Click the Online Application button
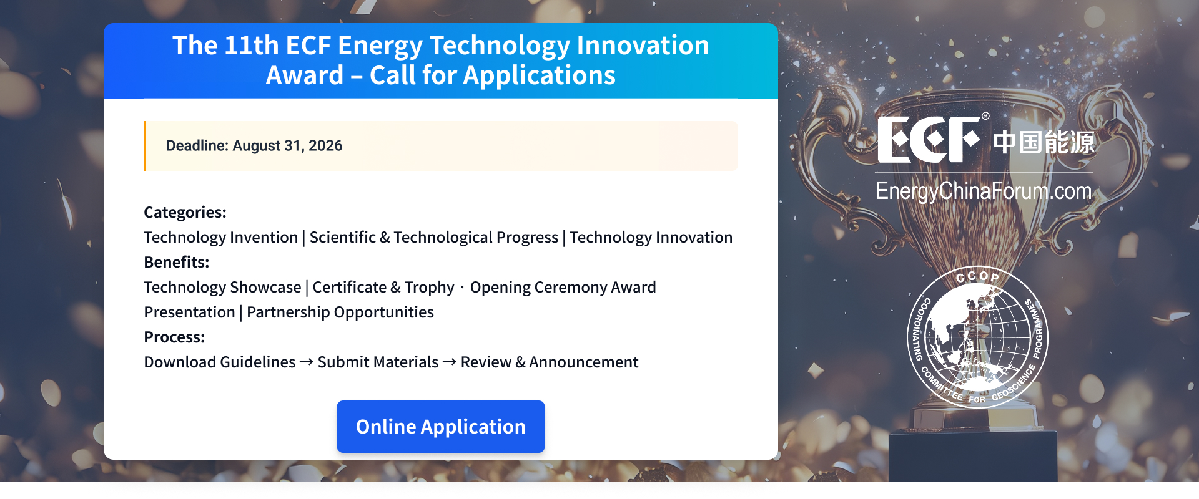click(x=440, y=427)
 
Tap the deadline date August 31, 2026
click(x=287, y=146)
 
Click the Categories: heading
click(x=185, y=213)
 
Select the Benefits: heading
click(x=177, y=263)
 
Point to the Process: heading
click(x=174, y=337)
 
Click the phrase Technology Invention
click(x=221, y=238)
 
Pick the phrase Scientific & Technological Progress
click(x=434, y=238)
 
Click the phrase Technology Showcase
click(x=222, y=288)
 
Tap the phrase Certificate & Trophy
click(x=383, y=288)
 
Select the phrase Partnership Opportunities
click(x=340, y=312)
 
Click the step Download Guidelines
click(x=220, y=362)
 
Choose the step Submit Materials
click(x=378, y=362)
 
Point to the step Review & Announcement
click(x=550, y=362)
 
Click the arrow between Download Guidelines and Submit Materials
click(x=307, y=362)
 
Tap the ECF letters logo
click(x=929, y=140)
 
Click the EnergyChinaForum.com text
click(x=984, y=191)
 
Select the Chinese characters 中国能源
click(x=1044, y=142)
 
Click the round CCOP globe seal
click(x=977, y=337)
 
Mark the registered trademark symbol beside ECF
click(x=985, y=116)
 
